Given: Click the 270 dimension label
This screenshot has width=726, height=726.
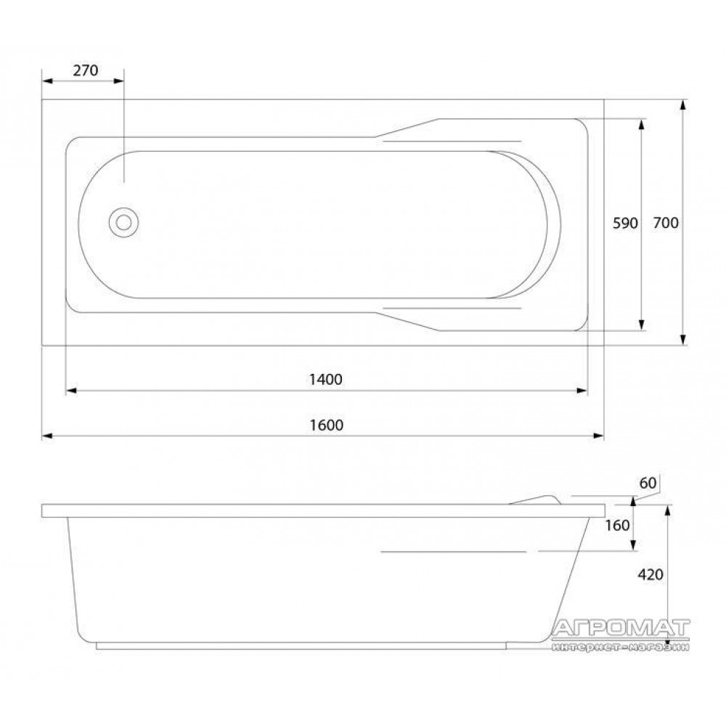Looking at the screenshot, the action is pyautogui.click(x=86, y=70).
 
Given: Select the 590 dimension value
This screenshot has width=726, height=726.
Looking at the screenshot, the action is pyautogui.click(x=625, y=223).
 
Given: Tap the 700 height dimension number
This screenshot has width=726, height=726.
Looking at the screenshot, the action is pyautogui.click(x=666, y=223).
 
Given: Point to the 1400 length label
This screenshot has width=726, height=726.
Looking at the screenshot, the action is pyautogui.click(x=326, y=379).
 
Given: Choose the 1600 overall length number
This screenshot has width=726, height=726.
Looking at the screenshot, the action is pyautogui.click(x=327, y=425).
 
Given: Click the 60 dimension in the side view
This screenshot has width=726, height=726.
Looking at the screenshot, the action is pyautogui.click(x=648, y=483).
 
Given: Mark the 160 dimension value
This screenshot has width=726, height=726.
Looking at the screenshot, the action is pyautogui.click(x=617, y=525).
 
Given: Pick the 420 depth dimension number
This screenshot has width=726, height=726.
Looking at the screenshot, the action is pyautogui.click(x=650, y=574).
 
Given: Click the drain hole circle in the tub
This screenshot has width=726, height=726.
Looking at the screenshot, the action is pyautogui.click(x=123, y=223).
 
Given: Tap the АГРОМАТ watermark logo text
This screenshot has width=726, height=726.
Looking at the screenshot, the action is pyautogui.click(x=621, y=628).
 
